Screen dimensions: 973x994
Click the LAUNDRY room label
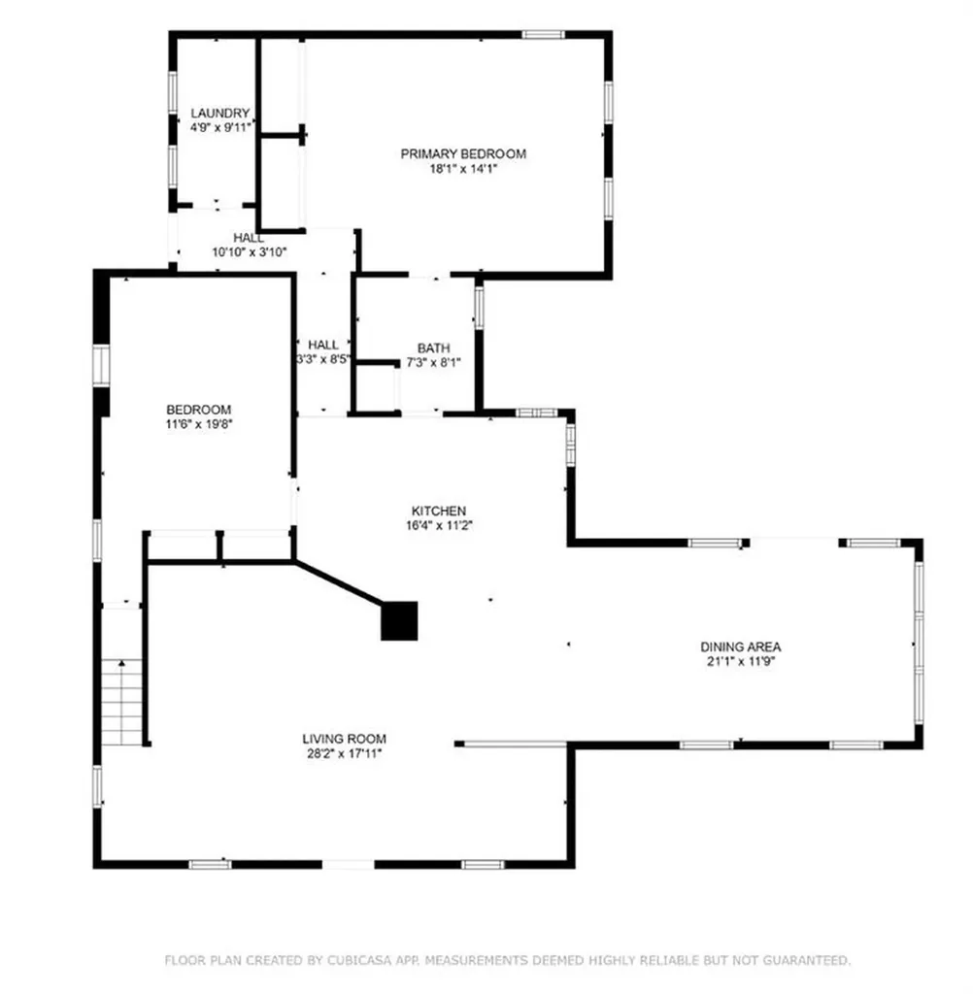point(220,113)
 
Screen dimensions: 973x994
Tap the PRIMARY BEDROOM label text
point(463,153)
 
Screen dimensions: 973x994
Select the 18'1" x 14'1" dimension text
point(463,169)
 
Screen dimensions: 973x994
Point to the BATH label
point(434,348)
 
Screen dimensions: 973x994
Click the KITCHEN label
point(439,511)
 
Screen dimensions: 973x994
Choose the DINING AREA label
point(740,646)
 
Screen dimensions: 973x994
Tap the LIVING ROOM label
point(344,739)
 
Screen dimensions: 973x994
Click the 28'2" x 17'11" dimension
point(344,753)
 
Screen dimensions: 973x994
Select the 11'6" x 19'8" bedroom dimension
point(198,424)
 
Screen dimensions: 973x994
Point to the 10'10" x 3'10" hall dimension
point(250,252)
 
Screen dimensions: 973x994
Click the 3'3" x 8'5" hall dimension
point(323,359)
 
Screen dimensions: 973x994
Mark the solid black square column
point(399,620)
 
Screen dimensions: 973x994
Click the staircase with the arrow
point(121,703)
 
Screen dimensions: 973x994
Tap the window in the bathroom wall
point(479,308)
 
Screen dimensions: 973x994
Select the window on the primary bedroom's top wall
point(543,34)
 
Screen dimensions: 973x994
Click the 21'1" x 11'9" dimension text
point(740,661)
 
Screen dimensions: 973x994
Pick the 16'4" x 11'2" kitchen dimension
point(439,525)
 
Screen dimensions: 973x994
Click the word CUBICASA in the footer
point(359,960)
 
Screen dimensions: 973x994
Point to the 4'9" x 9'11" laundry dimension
point(220,127)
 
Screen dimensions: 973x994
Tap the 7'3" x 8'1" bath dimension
point(434,363)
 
